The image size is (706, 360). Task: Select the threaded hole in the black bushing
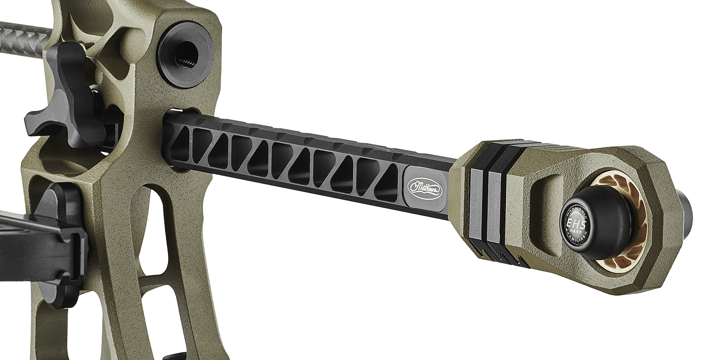point(187,55)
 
